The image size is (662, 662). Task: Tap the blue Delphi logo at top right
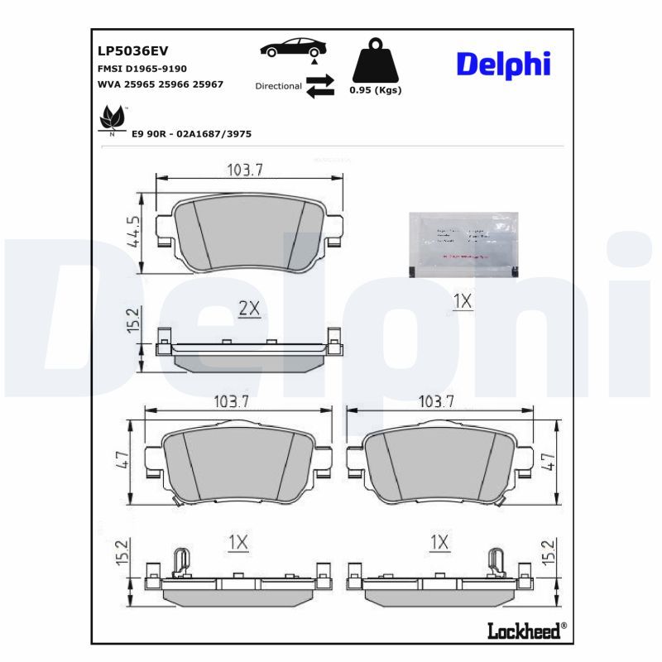502,64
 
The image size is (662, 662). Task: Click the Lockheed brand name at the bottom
524,631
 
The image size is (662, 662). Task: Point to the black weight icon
375,60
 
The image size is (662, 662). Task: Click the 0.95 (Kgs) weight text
375,90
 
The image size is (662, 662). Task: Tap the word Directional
278,86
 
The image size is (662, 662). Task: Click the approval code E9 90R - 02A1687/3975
191,132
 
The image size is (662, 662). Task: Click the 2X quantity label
249,309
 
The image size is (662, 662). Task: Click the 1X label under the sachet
463,302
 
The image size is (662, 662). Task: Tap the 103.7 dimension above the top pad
245,170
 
